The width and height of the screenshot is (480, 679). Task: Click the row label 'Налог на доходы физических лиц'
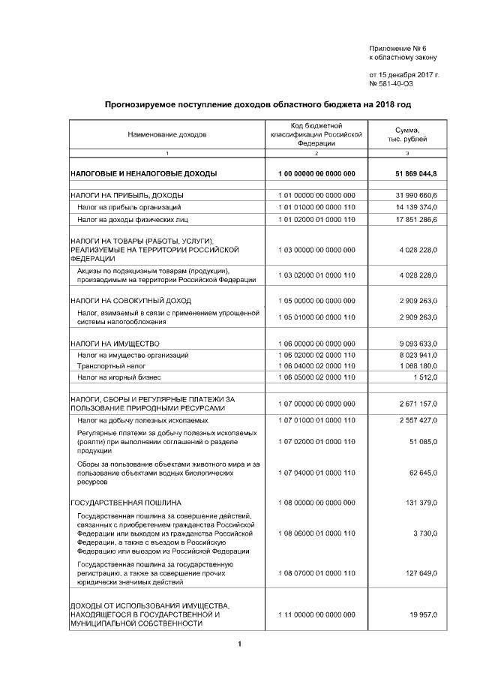pos(132,219)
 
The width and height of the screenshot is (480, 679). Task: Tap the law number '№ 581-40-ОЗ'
pos(391,83)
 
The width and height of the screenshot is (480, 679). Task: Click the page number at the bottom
pos(239,644)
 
